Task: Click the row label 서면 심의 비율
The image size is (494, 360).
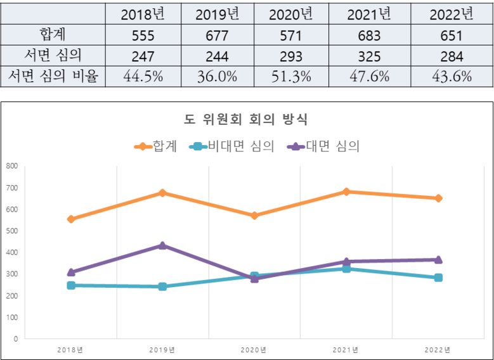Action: (53, 77)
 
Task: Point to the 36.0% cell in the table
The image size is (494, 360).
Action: (217, 77)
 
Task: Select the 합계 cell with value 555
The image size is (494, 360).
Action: (142, 36)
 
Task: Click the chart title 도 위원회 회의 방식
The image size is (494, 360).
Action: (246, 119)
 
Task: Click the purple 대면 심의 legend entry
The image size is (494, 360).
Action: (323, 146)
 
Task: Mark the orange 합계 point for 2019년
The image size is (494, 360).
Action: (162, 193)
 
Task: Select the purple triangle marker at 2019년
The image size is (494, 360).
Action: (162, 245)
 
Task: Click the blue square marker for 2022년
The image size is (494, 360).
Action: (438, 278)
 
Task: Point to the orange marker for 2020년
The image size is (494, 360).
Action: (254, 215)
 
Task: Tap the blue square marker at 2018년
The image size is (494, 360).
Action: (71, 285)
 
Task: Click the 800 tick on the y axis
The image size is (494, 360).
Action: (11, 166)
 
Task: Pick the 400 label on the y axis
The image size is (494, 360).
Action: (11, 252)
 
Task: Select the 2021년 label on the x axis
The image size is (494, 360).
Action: (346, 350)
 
